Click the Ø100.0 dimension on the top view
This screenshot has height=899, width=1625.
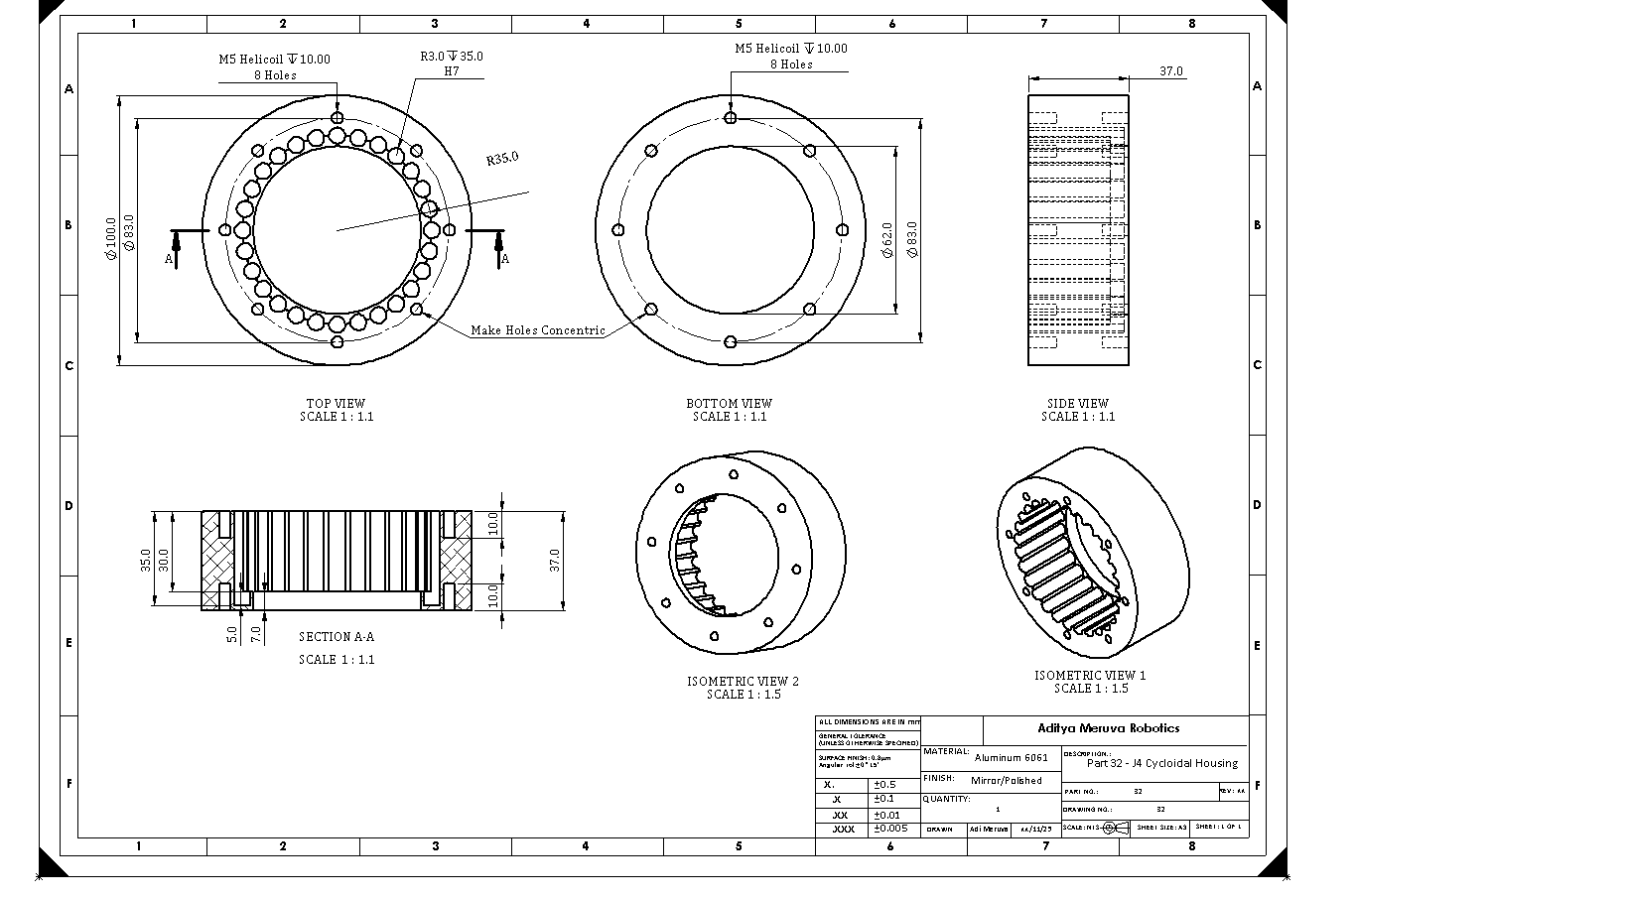(x=111, y=238)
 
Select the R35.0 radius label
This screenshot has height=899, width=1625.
(x=502, y=159)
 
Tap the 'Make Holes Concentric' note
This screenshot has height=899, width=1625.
(x=537, y=330)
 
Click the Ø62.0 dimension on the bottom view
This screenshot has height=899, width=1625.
(x=887, y=240)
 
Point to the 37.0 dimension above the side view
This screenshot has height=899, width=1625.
(x=1171, y=71)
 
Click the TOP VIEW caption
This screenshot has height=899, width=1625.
(x=336, y=404)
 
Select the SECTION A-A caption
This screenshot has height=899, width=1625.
(x=337, y=637)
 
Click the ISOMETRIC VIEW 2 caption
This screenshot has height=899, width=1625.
(x=743, y=682)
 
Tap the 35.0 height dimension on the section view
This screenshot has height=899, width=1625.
(x=146, y=560)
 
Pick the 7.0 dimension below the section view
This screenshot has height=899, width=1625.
(x=256, y=632)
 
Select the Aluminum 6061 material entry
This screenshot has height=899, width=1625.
(x=1011, y=757)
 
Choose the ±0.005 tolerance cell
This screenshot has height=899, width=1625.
(x=890, y=829)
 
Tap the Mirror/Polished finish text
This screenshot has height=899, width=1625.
(x=1007, y=781)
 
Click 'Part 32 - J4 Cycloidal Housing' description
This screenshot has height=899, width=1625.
(x=1161, y=764)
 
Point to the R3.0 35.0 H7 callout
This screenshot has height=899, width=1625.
(x=452, y=64)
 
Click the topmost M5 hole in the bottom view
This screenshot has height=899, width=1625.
(x=731, y=118)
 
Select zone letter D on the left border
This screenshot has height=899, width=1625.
(x=68, y=506)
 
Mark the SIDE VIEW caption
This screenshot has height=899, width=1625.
(x=1077, y=404)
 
